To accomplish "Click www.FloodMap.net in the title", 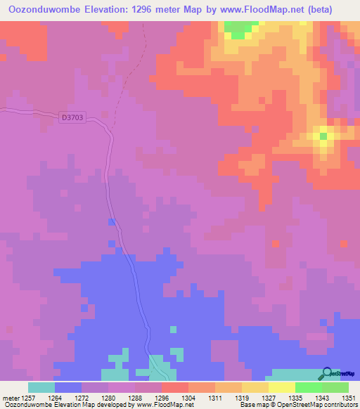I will [x=250, y=9].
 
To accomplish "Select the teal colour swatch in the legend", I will [x=41, y=387].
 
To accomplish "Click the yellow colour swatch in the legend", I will [x=282, y=387].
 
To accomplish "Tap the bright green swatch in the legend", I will [x=309, y=387].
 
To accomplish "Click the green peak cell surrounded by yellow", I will [x=323, y=136].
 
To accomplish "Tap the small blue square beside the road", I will [x=111, y=222].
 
